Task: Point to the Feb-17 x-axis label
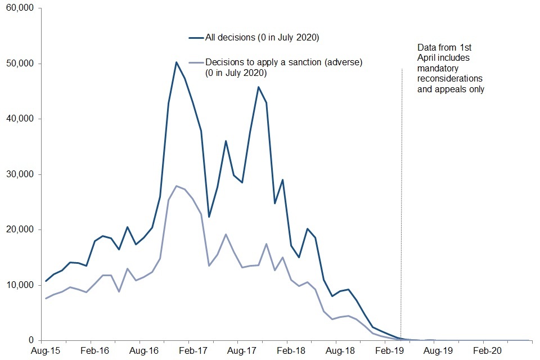click(x=191, y=351)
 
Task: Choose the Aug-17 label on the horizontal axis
click(x=240, y=351)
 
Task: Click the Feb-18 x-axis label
click(x=289, y=351)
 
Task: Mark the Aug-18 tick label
click(x=338, y=351)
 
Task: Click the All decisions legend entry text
click(x=262, y=38)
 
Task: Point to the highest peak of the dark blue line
click(x=176, y=62)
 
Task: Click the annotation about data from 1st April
click(x=450, y=68)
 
